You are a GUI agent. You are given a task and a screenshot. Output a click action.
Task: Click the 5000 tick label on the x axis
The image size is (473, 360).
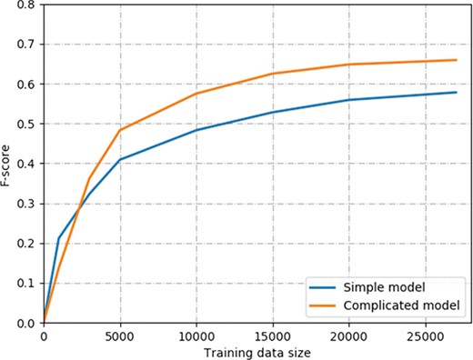point(119,335)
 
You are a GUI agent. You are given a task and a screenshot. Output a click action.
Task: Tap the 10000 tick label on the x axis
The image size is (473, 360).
point(196,335)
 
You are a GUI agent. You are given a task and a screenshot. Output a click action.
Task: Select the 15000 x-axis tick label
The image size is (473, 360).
point(272,335)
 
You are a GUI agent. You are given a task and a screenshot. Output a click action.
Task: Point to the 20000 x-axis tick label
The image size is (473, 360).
point(348,335)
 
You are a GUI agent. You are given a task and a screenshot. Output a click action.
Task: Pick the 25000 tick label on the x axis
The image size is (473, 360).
point(425,335)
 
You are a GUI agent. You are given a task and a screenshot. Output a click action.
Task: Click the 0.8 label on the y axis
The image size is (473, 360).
point(28,5)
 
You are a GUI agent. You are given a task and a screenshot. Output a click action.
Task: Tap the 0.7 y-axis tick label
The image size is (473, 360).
point(28,45)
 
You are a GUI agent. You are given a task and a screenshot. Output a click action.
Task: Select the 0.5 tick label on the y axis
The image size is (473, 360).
point(28,125)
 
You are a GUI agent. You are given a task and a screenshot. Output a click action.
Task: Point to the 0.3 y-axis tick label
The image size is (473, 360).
point(28,204)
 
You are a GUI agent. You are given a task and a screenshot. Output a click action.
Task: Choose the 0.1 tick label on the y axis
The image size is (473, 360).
point(28,284)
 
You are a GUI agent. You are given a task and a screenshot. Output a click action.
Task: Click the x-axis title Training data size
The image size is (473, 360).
point(250,351)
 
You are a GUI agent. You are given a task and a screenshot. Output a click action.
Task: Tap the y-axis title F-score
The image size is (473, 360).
point(8,164)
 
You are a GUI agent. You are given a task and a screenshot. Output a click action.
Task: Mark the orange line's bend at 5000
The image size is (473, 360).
point(119,130)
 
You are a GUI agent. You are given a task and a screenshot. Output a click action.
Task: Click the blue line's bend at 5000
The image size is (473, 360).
point(119,160)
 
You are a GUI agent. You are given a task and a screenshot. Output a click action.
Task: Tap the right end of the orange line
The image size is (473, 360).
point(456,60)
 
